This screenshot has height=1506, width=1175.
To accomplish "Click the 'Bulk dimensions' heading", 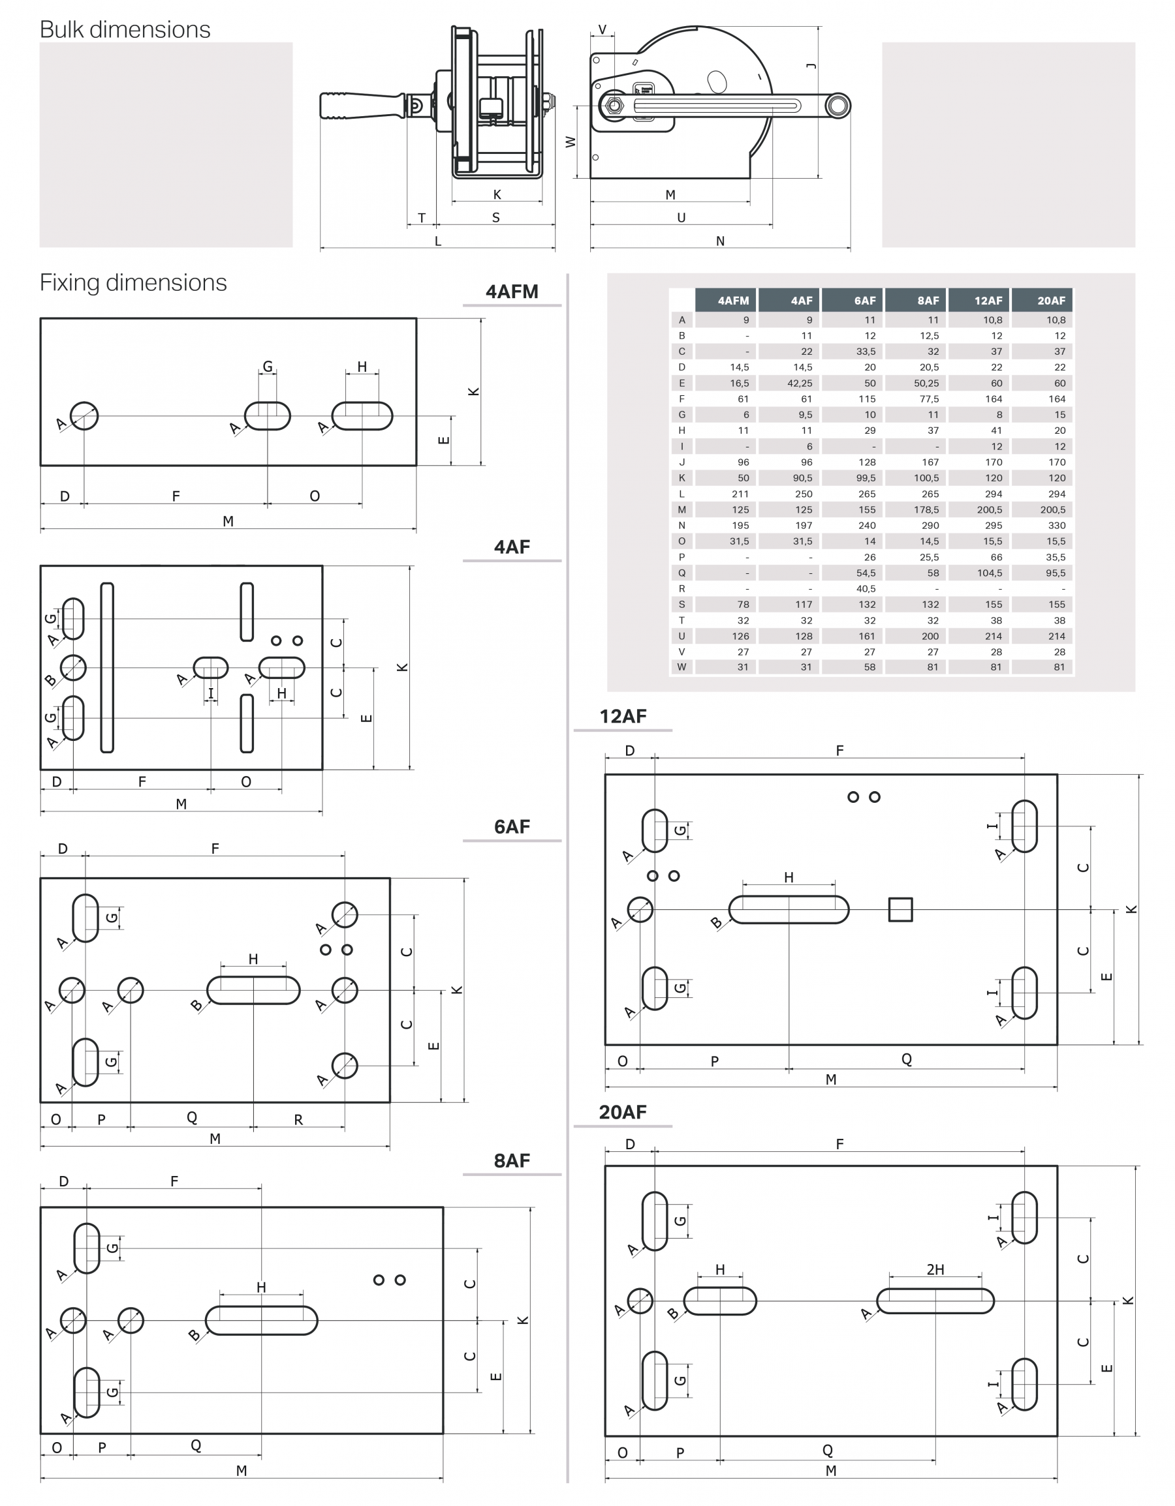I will [125, 29].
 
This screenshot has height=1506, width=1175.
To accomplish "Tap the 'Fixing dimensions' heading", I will [133, 282].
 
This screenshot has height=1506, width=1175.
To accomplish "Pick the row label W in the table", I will [681, 667].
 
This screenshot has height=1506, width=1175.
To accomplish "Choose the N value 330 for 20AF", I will [1056, 525].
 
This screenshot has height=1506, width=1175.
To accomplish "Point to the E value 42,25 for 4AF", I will [800, 384].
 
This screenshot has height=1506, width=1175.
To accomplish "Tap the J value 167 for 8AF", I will [930, 462].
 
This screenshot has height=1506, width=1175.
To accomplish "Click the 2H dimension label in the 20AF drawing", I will [935, 1269].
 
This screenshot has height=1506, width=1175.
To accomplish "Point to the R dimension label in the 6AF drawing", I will [298, 1120].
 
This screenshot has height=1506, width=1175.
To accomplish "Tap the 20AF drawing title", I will [622, 1112].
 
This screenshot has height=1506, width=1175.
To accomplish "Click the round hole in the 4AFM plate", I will [84, 416].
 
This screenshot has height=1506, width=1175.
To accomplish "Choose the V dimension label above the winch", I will [603, 29].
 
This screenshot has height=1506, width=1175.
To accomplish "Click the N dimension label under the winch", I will [719, 241].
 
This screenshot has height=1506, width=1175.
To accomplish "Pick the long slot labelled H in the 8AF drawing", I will [262, 1321].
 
